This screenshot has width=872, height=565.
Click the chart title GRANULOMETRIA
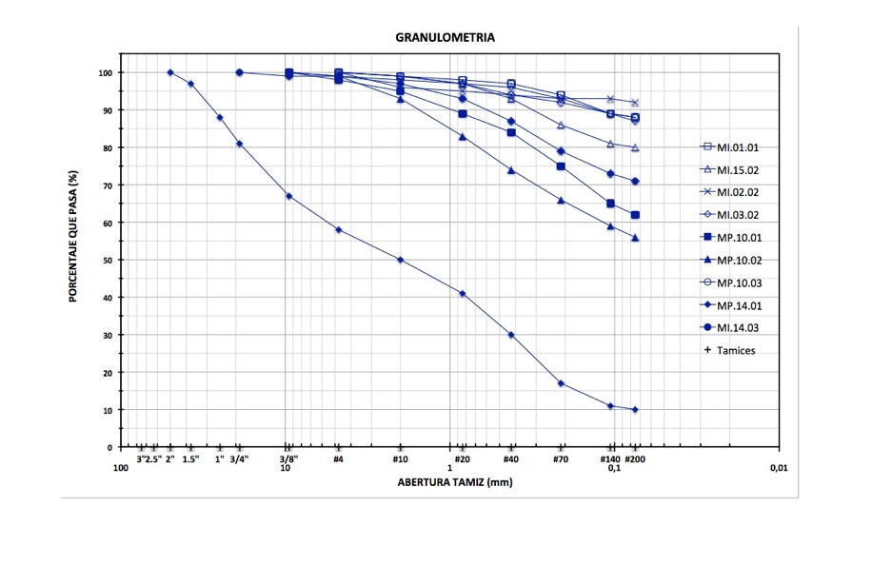click(x=445, y=38)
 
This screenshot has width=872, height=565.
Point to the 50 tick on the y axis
click(x=108, y=260)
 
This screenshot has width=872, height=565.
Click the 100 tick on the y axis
click(x=105, y=72)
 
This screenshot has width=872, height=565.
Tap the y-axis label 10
click(x=108, y=410)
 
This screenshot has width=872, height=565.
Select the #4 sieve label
click(x=338, y=458)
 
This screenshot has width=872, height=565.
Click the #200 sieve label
click(x=635, y=458)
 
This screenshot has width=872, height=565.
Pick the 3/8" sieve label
click(x=287, y=458)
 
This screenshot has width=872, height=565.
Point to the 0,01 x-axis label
click(x=780, y=468)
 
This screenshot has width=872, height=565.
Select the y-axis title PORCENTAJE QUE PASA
click(x=72, y=231)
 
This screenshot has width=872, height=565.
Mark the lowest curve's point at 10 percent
click(x=635, y=410)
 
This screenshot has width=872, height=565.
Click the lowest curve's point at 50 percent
click(x=400, y=260)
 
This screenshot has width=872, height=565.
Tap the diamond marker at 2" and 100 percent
click(x=170, y=72)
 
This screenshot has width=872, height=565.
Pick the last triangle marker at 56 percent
click(x=635, y=238)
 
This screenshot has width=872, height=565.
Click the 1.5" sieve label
click(x=191, y=458)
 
